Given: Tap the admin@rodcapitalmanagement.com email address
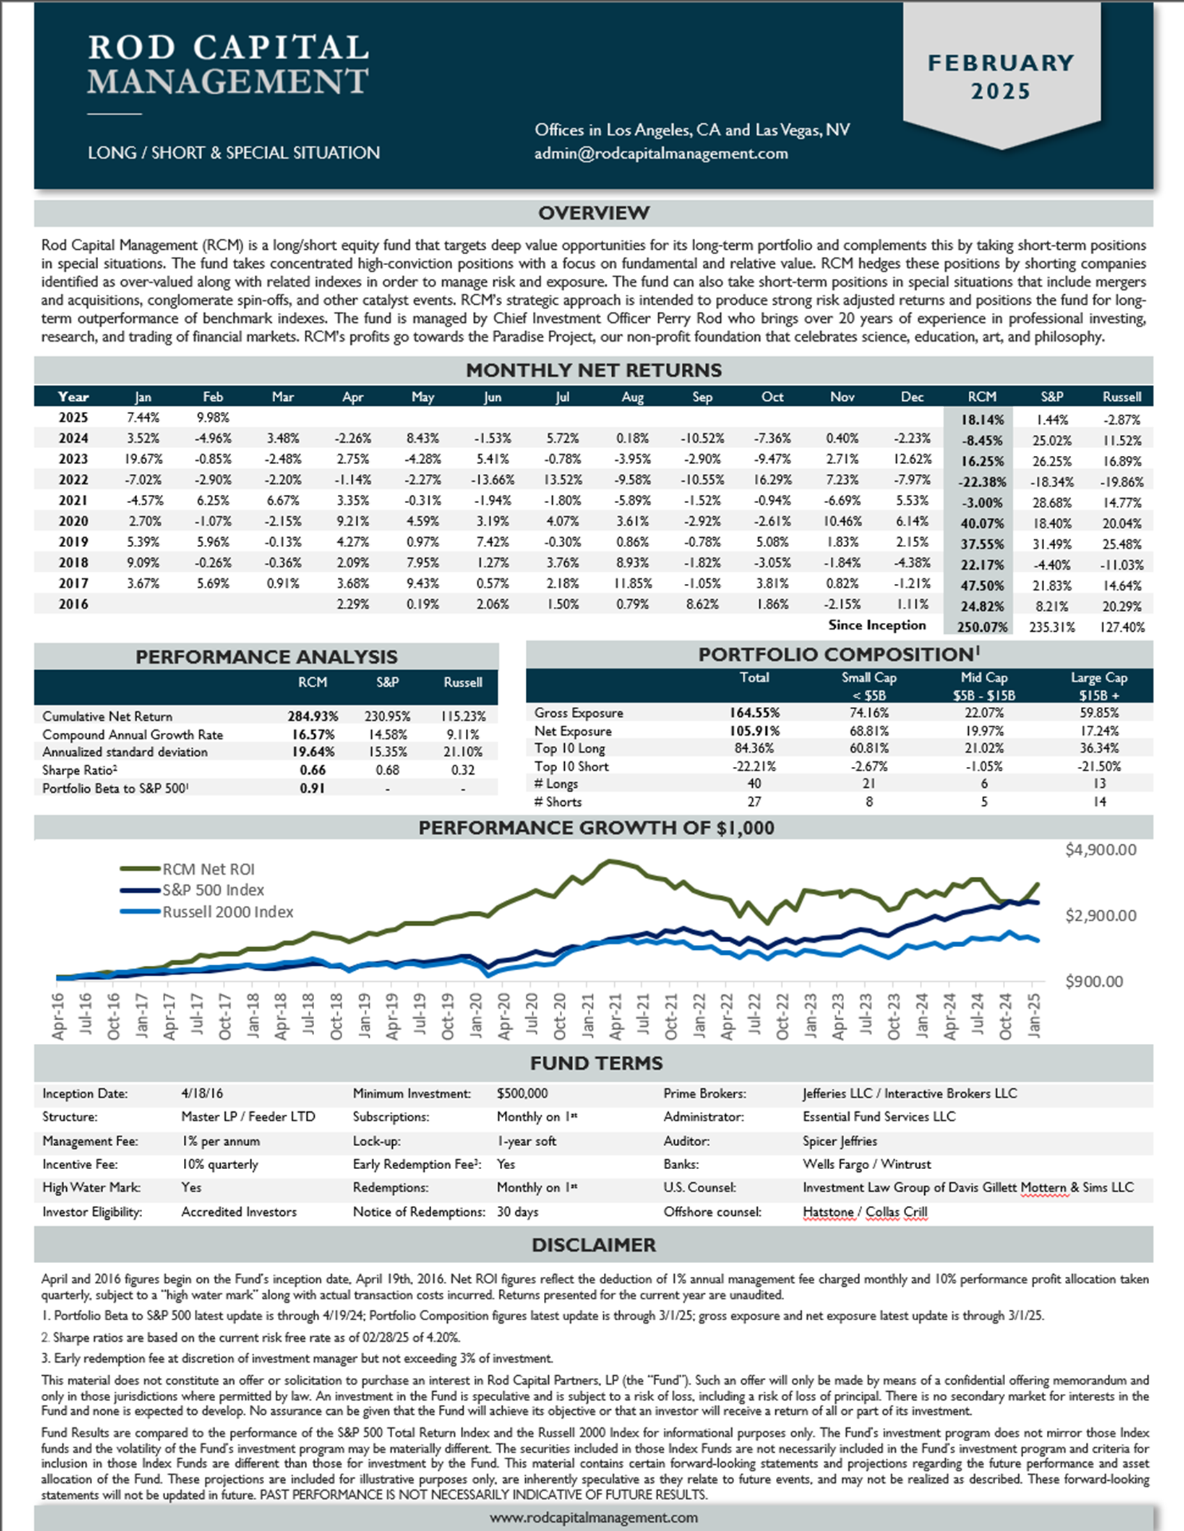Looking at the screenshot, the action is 661,154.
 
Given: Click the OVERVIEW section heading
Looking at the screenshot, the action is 593,213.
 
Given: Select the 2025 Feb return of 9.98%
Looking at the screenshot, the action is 212,418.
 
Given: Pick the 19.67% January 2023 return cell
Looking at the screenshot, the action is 143,459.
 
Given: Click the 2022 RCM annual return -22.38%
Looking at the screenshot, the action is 981,482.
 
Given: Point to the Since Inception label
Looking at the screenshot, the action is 877,626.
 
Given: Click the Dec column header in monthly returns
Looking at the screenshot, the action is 912,397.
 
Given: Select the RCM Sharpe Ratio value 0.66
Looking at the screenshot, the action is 312,770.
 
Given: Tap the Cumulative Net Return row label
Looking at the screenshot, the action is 107,716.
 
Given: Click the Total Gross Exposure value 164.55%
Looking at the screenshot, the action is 754,713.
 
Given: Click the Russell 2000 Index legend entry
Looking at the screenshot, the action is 207,912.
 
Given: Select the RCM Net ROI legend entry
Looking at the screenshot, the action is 187,869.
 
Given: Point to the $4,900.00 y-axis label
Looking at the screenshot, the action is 1100,850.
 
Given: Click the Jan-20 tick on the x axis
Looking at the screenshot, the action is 476,1015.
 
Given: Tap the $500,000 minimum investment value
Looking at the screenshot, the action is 522,1093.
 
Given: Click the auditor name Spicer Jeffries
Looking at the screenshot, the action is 840,1141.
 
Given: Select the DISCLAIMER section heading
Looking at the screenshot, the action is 593,1245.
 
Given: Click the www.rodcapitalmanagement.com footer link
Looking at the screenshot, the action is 593,1518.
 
